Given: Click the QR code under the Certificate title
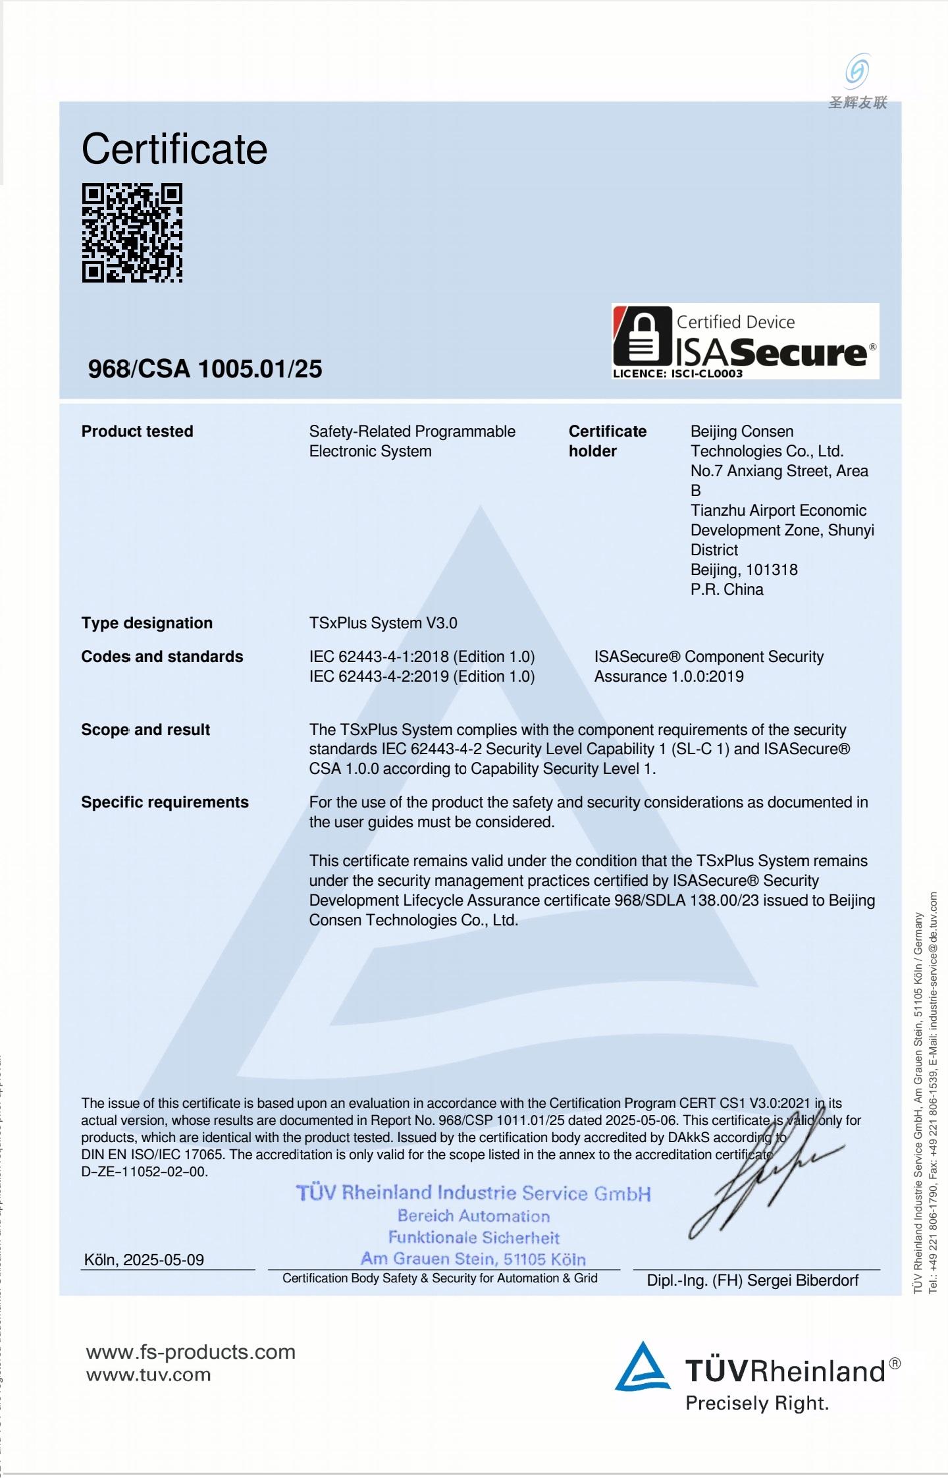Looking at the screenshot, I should (x=132, y=233).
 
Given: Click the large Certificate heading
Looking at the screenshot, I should (x=174, y=149).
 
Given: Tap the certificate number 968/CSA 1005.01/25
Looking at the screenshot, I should (x=205, y=369).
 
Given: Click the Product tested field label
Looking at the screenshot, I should (x=137, y=431).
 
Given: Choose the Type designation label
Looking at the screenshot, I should (x=147, y=623).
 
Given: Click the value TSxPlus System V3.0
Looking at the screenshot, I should (x=383, y=623).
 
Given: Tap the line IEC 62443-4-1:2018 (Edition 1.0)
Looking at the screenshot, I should (x=422, y=657).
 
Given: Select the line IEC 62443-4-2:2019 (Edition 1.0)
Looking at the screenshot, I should (x=422, y=676).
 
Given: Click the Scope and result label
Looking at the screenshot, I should (x=145, y=730).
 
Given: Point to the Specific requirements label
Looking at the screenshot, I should (x=165, y=802).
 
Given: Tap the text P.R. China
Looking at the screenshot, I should (x=727, y=589).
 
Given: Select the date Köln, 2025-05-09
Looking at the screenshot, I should (x=144, y=1260).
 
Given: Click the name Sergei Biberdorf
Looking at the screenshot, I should (x=803, y=1280).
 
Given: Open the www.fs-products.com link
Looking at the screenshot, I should (x=191, y=1352).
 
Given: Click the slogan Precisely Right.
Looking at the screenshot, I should (x=757, y=1404).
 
